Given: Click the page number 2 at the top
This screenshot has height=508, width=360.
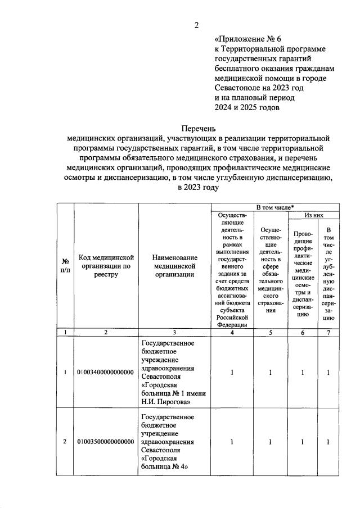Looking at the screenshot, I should coord(197,25).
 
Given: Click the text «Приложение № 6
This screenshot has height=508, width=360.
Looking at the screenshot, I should coord(247,39).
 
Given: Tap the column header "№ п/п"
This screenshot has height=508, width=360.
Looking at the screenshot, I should coord(65,266).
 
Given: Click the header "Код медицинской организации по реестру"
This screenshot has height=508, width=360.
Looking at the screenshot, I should coord(106,266).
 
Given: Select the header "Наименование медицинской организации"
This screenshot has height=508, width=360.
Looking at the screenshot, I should coord(174,266).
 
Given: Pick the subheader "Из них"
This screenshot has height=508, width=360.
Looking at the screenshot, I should coord(314,215).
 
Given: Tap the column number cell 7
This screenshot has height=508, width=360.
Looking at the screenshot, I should coord(328,332).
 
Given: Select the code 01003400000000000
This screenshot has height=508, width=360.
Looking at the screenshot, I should coord(106,372).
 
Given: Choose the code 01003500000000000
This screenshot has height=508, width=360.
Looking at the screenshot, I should coord(106,442).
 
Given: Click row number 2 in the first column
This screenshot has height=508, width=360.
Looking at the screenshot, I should coord(65,442).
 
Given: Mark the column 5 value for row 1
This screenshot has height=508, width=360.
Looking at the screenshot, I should coord(271,372).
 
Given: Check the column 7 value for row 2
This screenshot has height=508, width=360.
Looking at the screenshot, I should coord(328,442).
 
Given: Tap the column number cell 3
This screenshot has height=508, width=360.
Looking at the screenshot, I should coord(174,332).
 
